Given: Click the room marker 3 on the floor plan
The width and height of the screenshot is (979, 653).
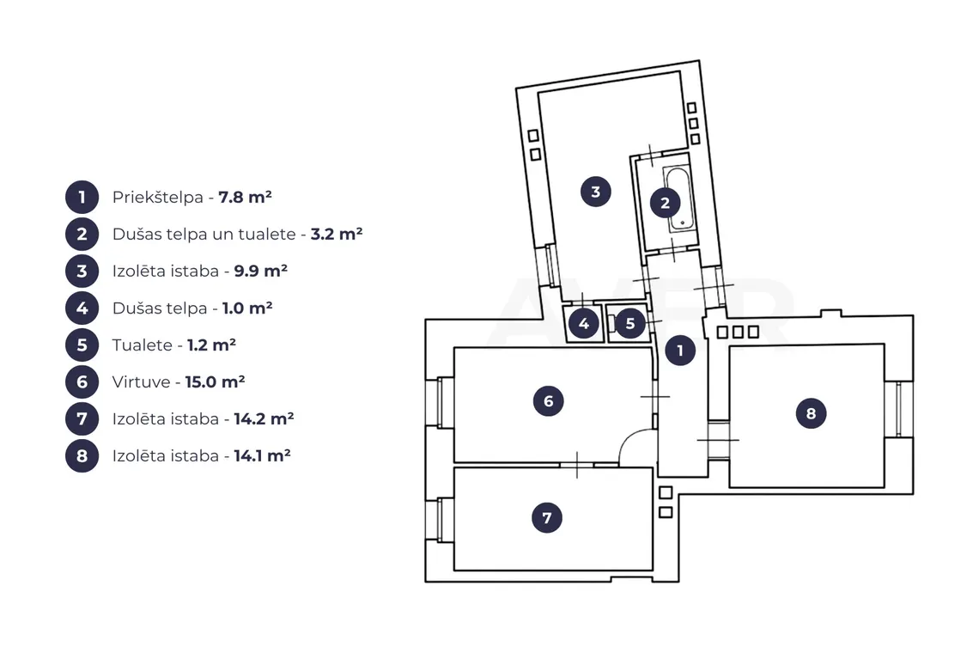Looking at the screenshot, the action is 596,192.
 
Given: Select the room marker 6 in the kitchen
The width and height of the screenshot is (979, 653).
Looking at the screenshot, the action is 548,401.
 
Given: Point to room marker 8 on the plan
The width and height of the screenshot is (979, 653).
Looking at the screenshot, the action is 811,413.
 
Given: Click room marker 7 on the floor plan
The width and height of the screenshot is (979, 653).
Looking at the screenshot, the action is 547,518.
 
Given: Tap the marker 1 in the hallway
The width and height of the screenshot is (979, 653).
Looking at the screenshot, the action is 680,351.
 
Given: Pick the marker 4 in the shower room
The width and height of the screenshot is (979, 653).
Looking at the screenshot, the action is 584,323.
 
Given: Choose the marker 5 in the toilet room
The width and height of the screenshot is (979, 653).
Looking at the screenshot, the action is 630,323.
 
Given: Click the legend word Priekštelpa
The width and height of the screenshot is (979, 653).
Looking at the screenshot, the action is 158,198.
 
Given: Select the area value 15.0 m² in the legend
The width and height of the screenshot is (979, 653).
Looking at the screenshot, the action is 215,381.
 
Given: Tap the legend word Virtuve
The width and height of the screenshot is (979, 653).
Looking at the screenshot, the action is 141,381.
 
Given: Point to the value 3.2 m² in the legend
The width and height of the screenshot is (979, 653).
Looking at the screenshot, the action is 337,234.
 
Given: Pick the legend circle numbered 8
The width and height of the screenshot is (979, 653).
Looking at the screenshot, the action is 82,455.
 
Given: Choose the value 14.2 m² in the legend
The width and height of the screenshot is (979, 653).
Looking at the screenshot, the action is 265,418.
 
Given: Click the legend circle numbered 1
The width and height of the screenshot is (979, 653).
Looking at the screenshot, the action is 82,197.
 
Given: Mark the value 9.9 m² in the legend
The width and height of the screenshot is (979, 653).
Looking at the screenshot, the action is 260,271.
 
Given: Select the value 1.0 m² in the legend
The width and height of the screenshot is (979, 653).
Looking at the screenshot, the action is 247,308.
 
